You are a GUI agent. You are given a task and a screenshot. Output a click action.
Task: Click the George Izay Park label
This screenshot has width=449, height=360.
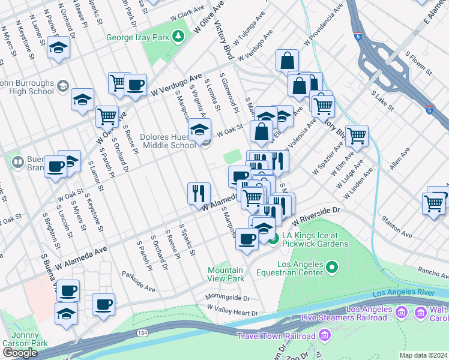(x=138, y=37)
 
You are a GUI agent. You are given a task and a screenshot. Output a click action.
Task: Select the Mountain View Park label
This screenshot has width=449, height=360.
(x=226, y=274)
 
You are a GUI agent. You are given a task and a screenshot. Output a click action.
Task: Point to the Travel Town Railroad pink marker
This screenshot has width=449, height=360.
(x=326, y=335)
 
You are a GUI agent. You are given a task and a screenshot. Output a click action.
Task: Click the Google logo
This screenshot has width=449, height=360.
(x=20, y=352)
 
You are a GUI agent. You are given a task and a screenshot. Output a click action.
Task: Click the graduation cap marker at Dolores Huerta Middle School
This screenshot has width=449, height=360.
(x=199, y=129)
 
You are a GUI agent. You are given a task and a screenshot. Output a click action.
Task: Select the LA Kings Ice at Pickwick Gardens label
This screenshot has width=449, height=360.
(x=316, y=239)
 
